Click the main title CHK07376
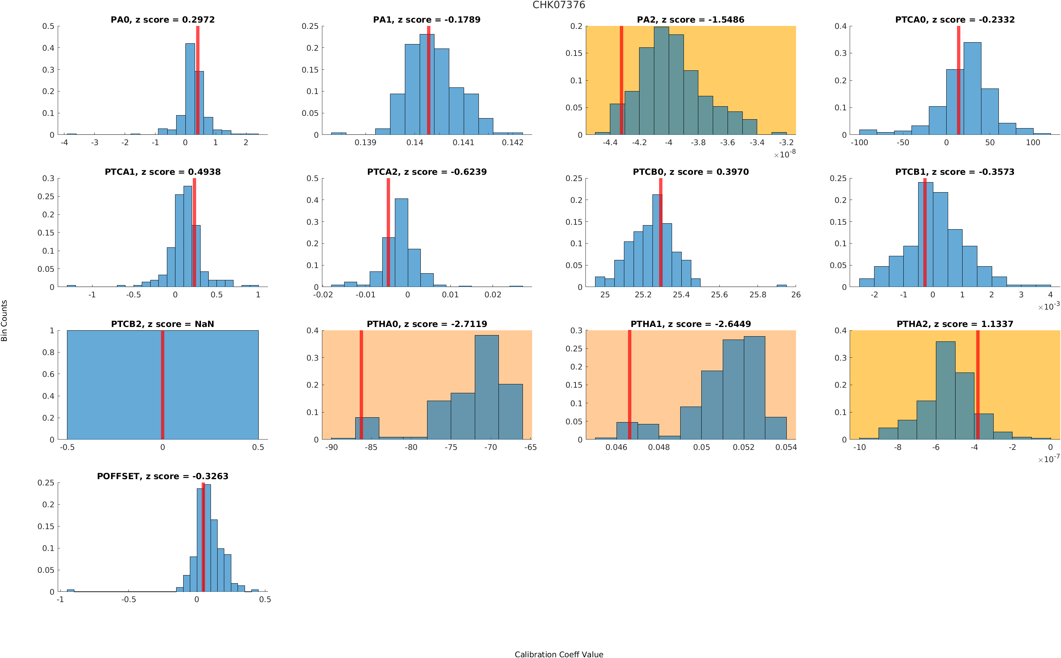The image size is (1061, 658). (x=558, y=5)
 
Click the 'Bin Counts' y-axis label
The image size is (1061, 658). (x=4, y=320)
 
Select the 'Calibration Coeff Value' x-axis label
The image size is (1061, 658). (x=558, y=654)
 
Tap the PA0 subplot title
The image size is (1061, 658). (x=162, y=20)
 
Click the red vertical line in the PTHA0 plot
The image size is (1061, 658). (x=361, y=383)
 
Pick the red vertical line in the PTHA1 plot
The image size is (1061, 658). (x=629, y=383)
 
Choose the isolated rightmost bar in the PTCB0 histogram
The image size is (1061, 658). (x=781, y=286)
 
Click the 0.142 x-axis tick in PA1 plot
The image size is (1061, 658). (x=513, y=143)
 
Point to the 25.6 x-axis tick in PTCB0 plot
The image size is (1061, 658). (x=719, y=295)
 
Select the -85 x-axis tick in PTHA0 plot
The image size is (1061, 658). (x=371, y=447)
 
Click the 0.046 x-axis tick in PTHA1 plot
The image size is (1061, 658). (x=616, y=447)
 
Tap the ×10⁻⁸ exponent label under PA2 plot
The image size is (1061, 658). (x=785, y=154)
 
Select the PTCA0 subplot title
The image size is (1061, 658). (x=954, y=20)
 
